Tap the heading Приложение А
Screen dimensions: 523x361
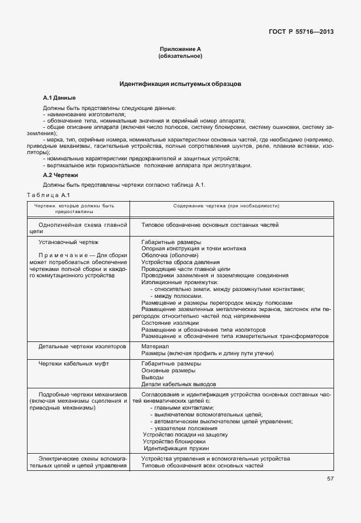[x=180, y=50]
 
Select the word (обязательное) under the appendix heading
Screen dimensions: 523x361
[x=180, y=56]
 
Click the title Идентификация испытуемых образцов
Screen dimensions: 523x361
[x=180, y=84]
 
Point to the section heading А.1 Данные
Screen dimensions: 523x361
[x=60, y=98]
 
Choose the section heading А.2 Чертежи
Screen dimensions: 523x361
[x=61, y=174]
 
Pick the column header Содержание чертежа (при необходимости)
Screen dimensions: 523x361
[x=230, y=205]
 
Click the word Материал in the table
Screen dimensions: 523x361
[x=155, y=347]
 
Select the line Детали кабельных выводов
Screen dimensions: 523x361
[x=179, y=384]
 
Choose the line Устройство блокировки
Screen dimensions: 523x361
[x=174, y=442]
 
